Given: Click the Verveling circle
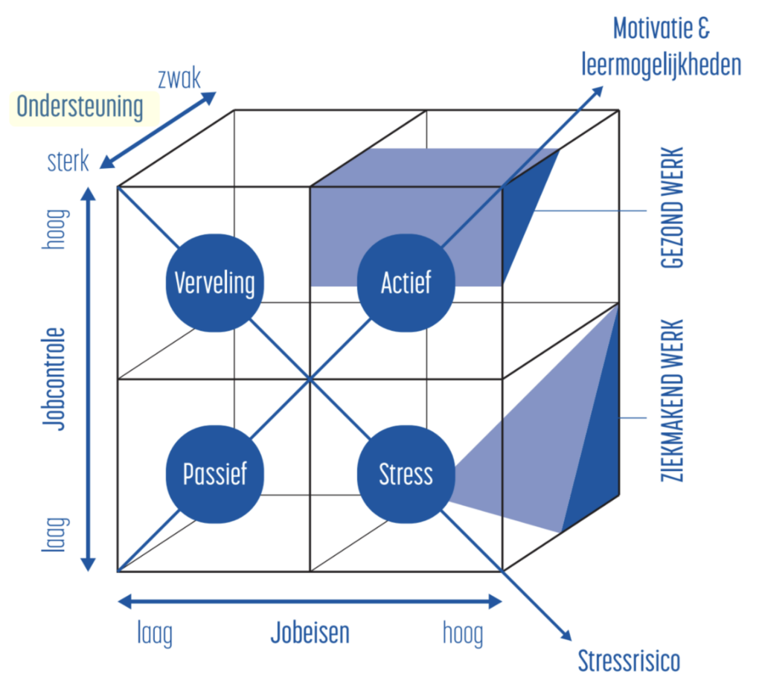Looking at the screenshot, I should [x=214, y=283].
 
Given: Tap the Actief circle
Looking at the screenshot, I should [x=406, y=283].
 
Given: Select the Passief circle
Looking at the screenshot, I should [x=214, y=474].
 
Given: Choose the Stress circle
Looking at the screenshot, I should [x=406, y=474].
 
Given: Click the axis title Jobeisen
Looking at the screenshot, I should [x=310, y=633].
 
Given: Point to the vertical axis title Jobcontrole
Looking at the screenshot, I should [x=53, y=379].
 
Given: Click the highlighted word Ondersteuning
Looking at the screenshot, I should [x=80, y=107].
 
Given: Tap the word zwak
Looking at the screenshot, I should [x=179, y=77].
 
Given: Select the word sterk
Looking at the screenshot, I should [x=68, y=161].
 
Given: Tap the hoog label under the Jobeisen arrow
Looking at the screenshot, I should [x=462, y=635].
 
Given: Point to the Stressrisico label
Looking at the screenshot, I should [x=629, y=660].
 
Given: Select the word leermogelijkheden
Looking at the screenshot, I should [x=662, y=65].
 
